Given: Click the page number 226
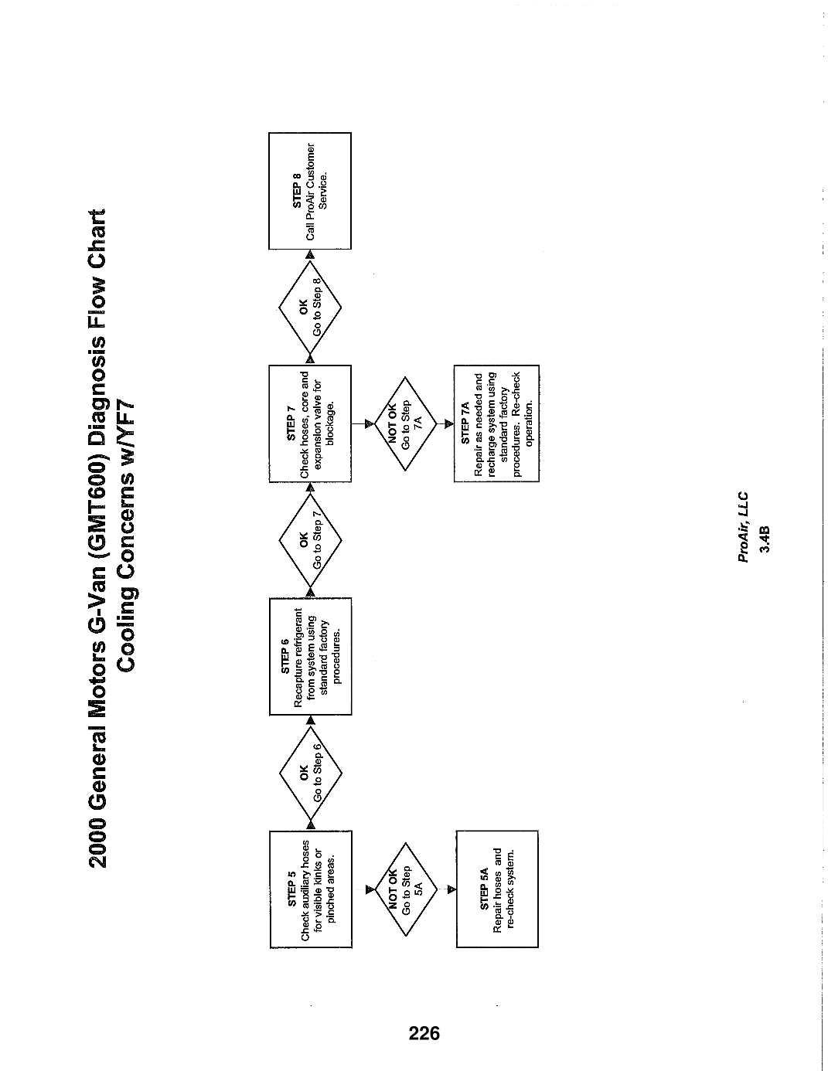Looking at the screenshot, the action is click(424, 1032).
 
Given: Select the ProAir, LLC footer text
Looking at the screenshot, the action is click(743, 527).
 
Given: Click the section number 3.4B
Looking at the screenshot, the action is click(764, 539).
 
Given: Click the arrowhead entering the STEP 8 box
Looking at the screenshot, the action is click(310, 254).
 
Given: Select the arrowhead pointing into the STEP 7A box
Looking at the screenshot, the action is click(448, 424).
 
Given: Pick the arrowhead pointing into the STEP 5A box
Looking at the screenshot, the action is click(451, 889).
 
